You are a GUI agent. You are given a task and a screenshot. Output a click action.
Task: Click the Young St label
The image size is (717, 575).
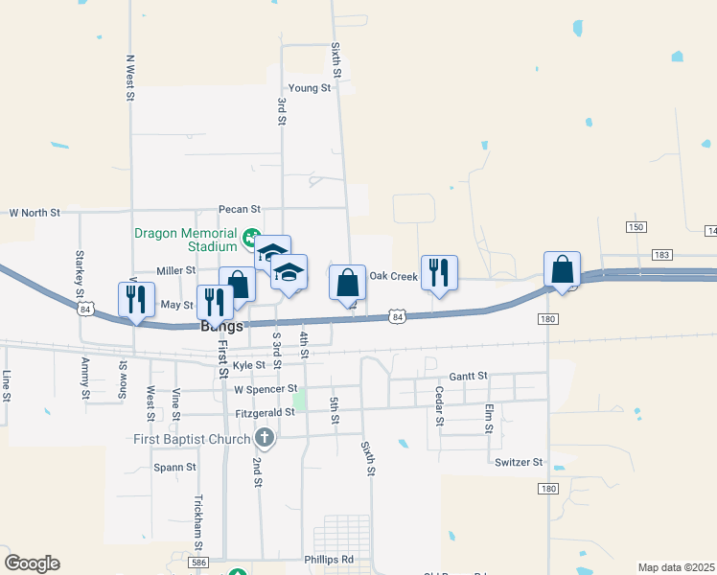coord(309,88)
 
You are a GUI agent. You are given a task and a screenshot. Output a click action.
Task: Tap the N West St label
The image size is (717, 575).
coord(128,77)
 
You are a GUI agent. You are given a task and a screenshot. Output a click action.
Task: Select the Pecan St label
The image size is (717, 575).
coord(239,209)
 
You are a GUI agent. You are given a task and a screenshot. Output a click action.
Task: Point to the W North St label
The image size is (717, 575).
coord(35,212)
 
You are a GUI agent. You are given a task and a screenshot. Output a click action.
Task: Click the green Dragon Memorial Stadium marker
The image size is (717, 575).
coord(251,236)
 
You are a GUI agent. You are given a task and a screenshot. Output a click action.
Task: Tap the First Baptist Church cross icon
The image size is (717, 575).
coord(265,440)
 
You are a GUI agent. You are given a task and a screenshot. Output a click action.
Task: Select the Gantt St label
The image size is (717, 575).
coord(468,376)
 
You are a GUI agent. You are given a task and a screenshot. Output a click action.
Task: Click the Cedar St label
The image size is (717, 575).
coord(439,406)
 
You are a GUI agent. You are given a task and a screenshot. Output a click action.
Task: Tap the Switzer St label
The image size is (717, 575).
coord(519,462)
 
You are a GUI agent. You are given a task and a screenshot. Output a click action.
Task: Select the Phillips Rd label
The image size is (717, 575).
coord(329,560)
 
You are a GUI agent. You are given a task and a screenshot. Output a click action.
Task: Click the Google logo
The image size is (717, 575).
coord(32,563)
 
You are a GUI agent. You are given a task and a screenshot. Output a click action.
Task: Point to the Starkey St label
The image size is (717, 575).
coord(79,272)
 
